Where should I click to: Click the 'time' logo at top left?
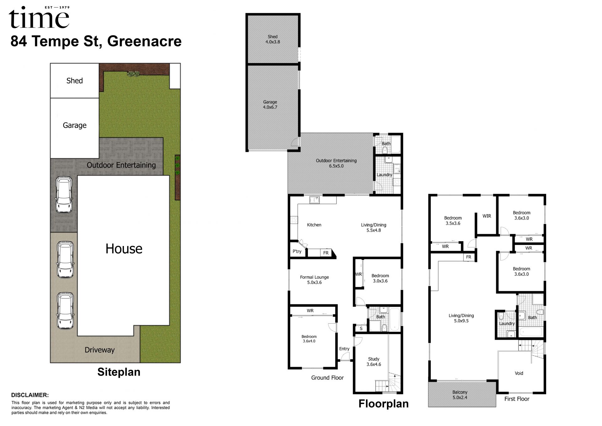pyautogui.click(x=39, y=17)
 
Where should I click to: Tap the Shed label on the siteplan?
pyautogui.click(x=75, y=81)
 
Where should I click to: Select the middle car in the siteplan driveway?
pyautogui.click(x=66, y=260)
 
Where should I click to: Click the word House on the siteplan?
pyautogui.click(x=124, y=249)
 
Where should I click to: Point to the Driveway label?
pyautogui.click(x=100, y=350)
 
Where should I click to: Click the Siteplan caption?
pyautogui.click(x=119, y=372)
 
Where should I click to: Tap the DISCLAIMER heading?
pyautogui.click(x=30, y=395)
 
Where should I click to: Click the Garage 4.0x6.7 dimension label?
pyautogui.click(x=270, y=105)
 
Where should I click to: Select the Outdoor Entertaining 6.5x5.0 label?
pyautogui.click(x=336, y=163)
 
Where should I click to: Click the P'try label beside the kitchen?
pyautogui.click(x=297, y=251)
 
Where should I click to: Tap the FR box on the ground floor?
pyautogui.click(x=326, y=253)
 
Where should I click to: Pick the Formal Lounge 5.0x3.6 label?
pyautogui.click(x=314, y=280)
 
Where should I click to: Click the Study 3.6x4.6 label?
pyautogui.click(x=374, y=362)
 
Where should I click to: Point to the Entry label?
pyautogui.click(x=344, y=349)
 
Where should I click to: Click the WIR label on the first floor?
pyautogui.click(x=487, y=216)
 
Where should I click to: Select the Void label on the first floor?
pyautogui.click(x=519, y=373)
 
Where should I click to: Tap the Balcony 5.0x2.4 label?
pyautogui.click(x=460, y=395)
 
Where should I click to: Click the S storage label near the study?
pyautogui.click(x=361, y=329)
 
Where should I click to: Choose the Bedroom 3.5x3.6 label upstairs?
pyautogui.click(x=453, y=221)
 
